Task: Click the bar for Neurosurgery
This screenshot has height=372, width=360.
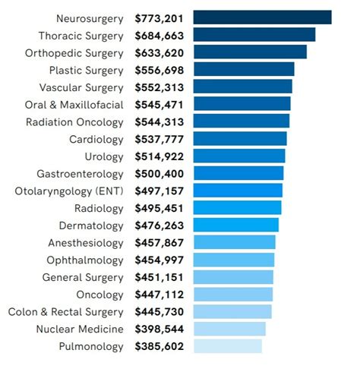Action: pos(262,17)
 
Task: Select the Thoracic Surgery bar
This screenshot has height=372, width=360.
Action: pos(254,35)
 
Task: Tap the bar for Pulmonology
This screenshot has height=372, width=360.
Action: pos(228,346)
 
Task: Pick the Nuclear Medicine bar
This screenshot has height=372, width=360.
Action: pos(229,329)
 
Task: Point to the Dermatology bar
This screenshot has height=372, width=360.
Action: pos(236,225)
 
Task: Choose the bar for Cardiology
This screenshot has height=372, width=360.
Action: pos(240,139)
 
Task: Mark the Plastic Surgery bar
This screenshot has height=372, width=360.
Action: pos(244,70)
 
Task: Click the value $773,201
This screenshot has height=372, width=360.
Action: pos(159,17)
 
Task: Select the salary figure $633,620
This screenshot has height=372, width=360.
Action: pos(159,52)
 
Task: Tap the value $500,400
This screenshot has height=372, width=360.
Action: pos(159,173)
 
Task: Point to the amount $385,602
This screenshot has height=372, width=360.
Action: pos(159,346)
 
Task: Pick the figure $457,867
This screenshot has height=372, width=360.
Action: pos(159,243)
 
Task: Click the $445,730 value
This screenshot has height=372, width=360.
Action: pos(159,312)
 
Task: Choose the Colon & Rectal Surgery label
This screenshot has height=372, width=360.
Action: pos(65,312)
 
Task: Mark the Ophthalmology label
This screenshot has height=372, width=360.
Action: pos(85,260)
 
